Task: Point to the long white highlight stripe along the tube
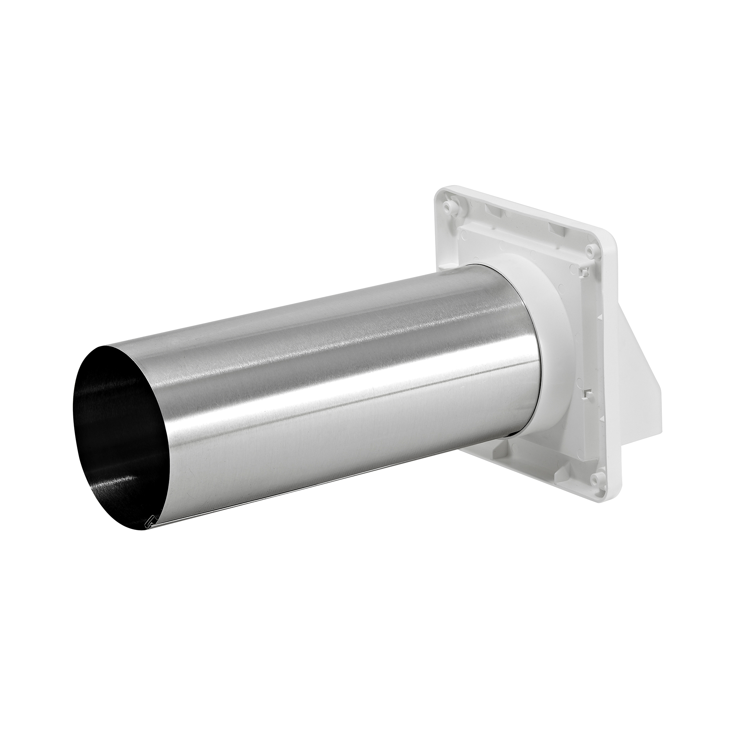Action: pos(342,379)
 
